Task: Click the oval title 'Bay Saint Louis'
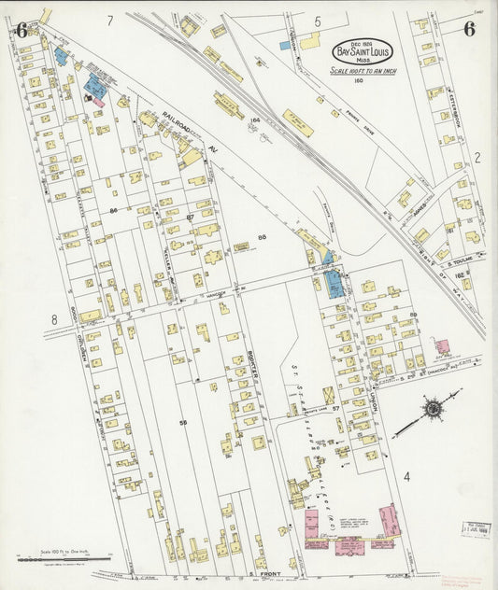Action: point(363,52)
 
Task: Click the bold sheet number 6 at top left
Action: point(21,28)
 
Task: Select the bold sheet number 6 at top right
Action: point(468,28)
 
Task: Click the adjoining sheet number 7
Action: point(109,20)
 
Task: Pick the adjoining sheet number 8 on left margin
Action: point(54,319)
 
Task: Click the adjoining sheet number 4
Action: point(406,477)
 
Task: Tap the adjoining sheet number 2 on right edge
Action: point(476,157)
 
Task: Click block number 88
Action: point(263,238)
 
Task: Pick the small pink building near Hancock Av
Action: point(441,346)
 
